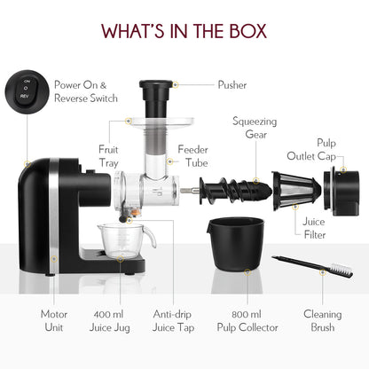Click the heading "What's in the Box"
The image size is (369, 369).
pyautogui.click(x=184, y=31)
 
